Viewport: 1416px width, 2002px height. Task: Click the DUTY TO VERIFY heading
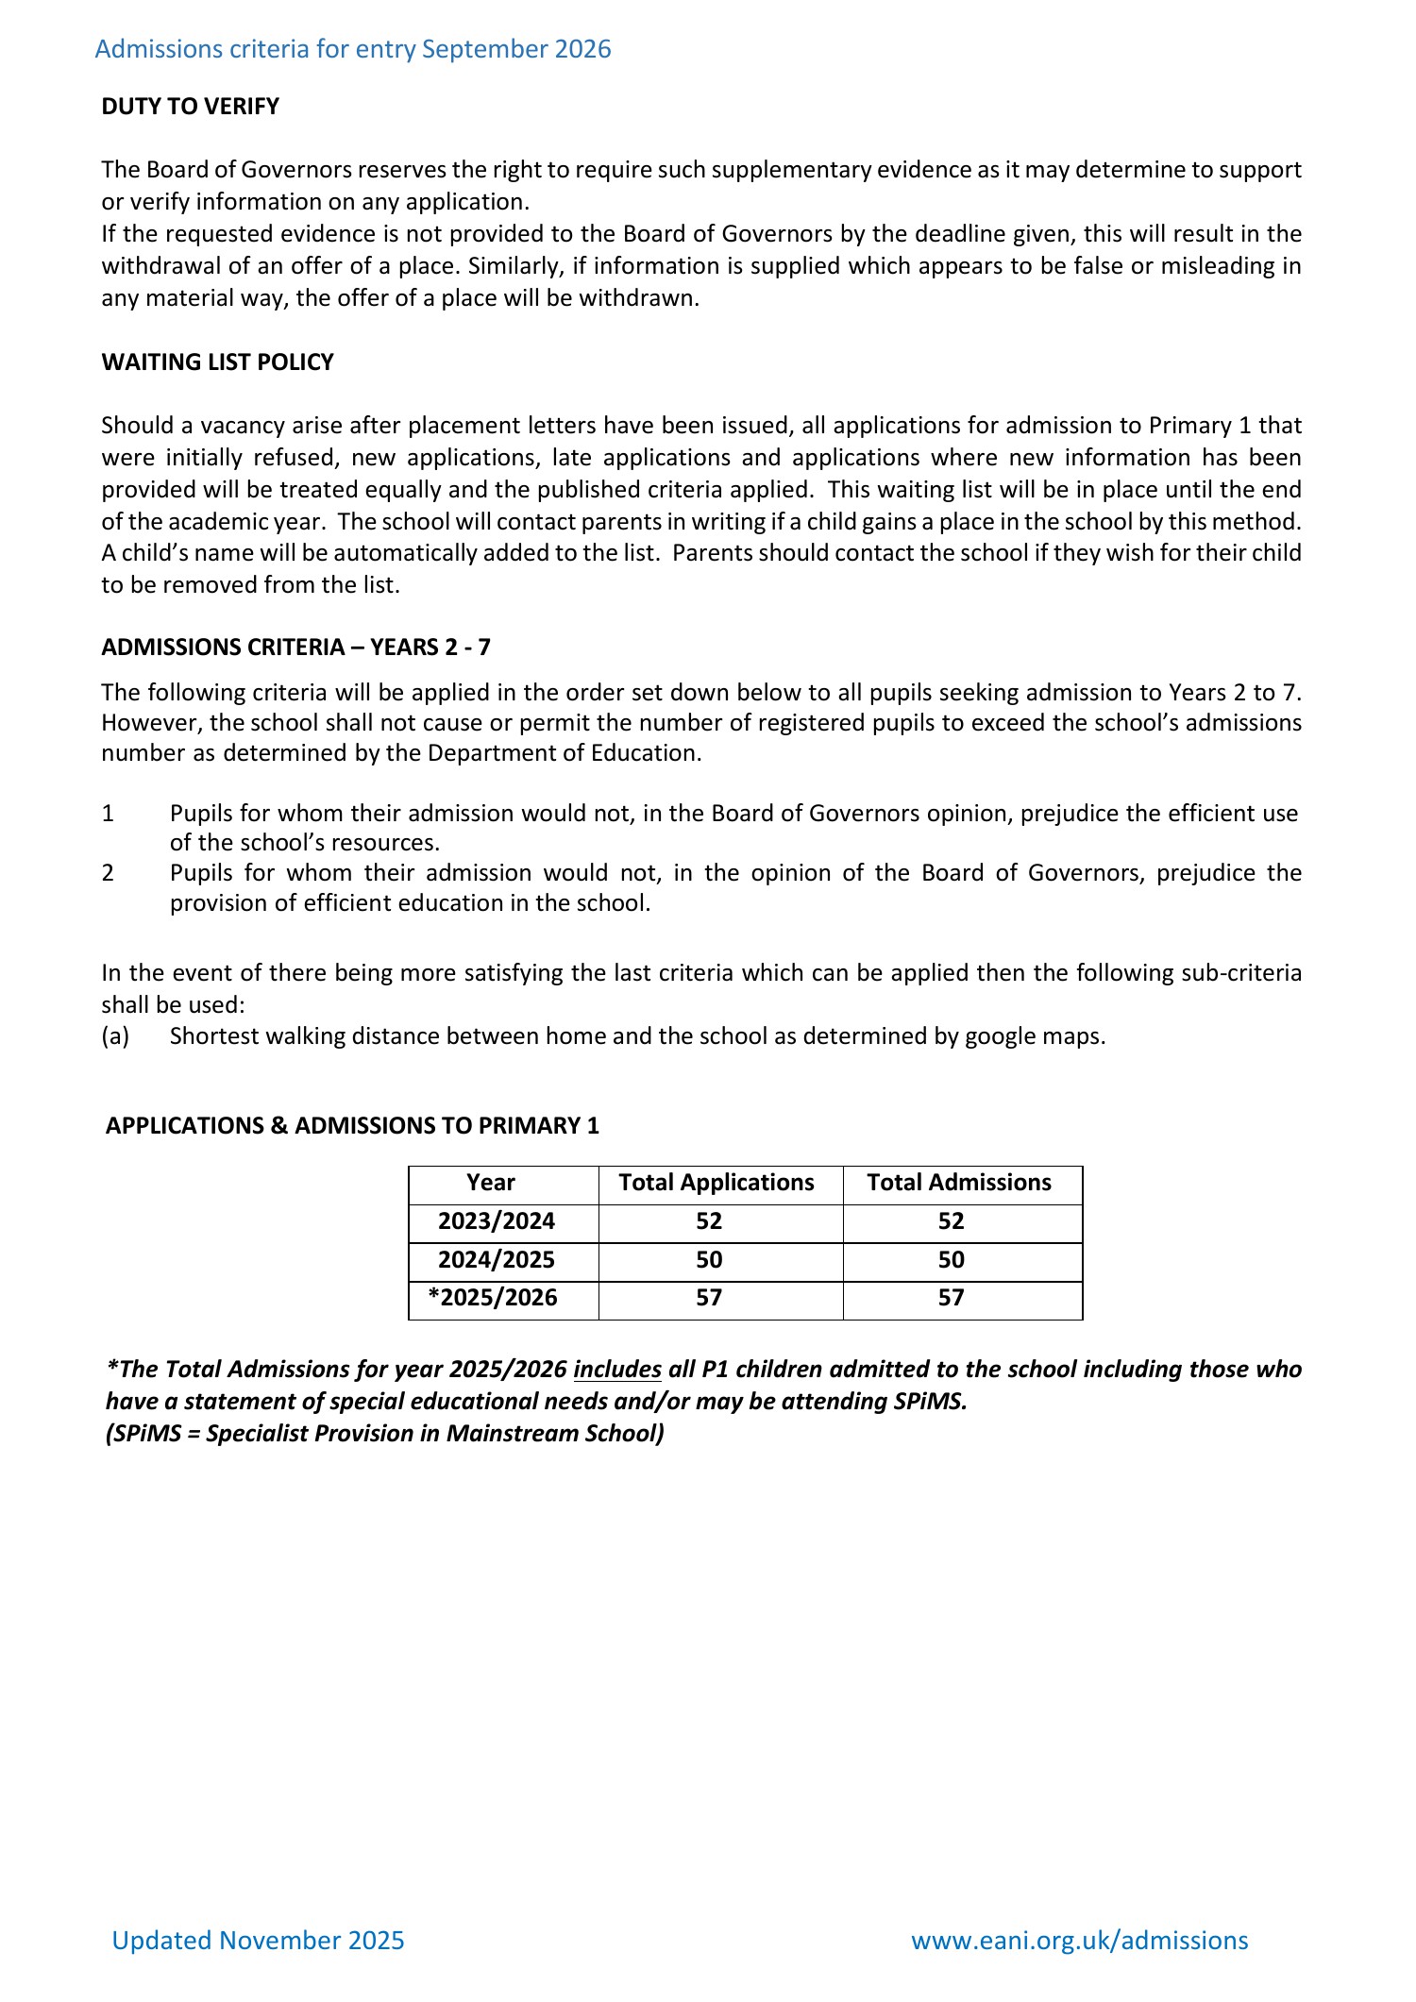[x=190, y=107]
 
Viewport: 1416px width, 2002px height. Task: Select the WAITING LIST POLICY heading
[x=217, y=362]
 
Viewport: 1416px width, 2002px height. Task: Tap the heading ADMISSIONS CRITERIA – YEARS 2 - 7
[x=295, y=648]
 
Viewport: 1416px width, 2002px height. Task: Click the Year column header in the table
[x=491, y=1183]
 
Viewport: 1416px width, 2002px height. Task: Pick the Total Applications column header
[x=716, y=1183]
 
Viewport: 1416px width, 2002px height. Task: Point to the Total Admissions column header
[x=958, y=1183]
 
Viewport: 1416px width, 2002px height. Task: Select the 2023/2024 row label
[x=497, y=1221]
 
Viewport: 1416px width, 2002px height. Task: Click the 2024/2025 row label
[x=497, y=1260]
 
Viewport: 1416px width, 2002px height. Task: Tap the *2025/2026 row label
[x=493, y=1298]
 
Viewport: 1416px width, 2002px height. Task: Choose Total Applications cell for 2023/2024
[x=709, y=1221]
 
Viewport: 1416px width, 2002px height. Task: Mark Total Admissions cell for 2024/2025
[x=951, y=1260]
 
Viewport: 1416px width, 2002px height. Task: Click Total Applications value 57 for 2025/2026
[x=709, y=1298]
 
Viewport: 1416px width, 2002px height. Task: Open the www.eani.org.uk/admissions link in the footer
[x=1079, y=1941]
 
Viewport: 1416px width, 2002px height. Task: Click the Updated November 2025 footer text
[x=258, y=1941]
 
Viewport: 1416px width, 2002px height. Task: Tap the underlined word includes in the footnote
[x=616, y=1370]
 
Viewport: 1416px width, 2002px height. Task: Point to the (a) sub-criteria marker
[x=115, y=1036]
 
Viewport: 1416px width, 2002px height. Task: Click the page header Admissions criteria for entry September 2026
[x=353, y=49]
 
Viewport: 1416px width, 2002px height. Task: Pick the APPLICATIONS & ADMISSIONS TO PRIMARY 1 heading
[x=352, y=1126]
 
